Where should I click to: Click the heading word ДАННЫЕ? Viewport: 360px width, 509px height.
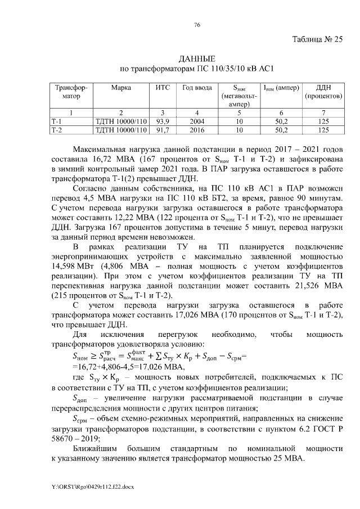click(197, 59)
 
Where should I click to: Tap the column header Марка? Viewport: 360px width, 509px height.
click(121, 88)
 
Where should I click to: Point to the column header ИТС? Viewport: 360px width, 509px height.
click(163, 88)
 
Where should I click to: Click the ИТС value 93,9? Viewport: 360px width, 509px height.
click(163, 121)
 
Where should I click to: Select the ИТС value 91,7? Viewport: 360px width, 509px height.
click(163, 130)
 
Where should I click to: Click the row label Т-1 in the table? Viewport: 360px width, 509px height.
click(57, 121)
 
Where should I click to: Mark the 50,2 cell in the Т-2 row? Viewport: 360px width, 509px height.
click(281, 130)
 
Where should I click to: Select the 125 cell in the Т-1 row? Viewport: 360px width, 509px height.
click(323, 121)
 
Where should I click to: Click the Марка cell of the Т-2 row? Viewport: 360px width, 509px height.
click(121, 130)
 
